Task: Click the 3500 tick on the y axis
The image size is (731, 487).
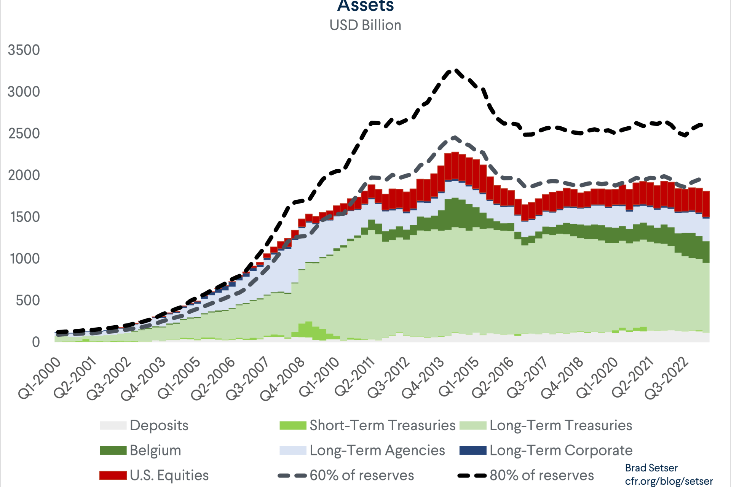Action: tap(24, 50)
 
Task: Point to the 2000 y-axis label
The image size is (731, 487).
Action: tap(24, 175)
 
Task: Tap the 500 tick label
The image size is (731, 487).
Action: tap(27, 301)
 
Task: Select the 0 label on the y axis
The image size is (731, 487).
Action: tap(36, 342)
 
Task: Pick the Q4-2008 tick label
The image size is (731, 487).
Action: tap(283, 379)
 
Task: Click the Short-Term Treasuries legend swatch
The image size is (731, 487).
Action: tap(293, 425)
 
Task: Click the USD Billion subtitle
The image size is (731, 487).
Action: tap(365, 25)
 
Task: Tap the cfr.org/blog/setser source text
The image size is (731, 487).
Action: tap(669, 481)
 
